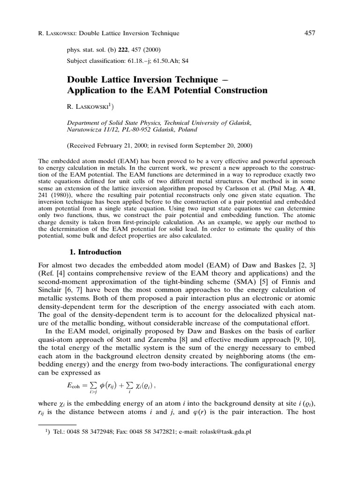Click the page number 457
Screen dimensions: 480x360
[309, 33]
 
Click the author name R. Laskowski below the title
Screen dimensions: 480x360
[90, 107]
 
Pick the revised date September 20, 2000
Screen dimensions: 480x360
[223, 145]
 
